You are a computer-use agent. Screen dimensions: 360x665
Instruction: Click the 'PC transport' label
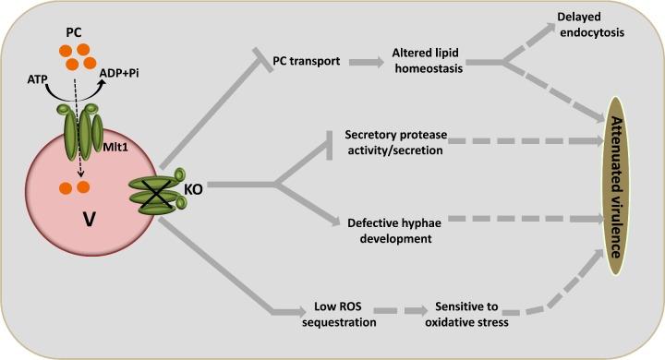coord(309,62)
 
